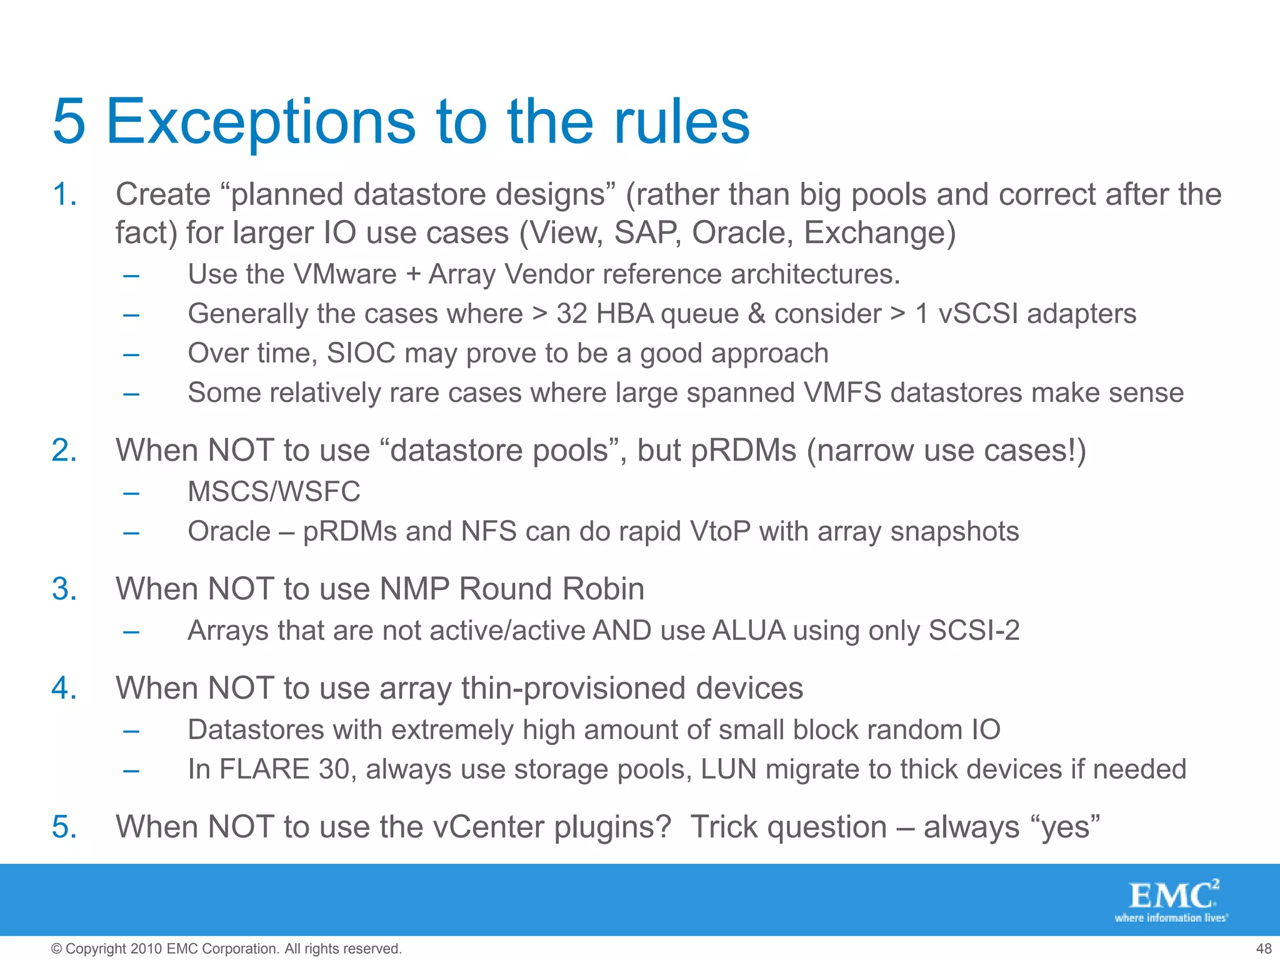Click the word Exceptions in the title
[x=261, y=122]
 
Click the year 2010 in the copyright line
[x=147, y=949]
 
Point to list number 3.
[x=64, y=589]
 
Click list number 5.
[x=64, y=827]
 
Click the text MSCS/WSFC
[x=274, y=491]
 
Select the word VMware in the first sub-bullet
[x=344, y=274]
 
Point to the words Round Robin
[x=551, y=589]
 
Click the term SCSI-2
[x=974, y=630]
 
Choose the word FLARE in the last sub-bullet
[x=264, y=769]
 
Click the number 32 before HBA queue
[x=572, y=314]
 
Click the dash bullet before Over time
[x=131, y=354]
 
